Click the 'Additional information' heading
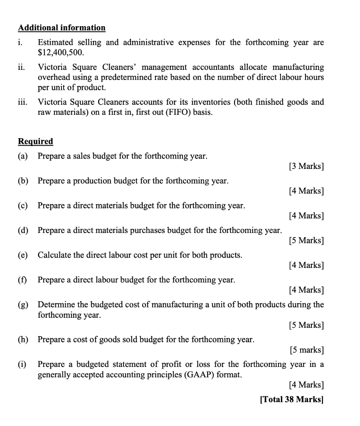tap(62, 28)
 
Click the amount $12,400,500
tap(61, 52)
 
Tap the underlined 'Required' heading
tap(35, 141)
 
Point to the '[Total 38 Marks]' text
tap(291, 399)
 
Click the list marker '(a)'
tap(23, 156)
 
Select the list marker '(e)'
tap(23, 255)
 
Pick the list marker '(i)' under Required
tap(22, 364)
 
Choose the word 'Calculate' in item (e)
tap(54, 255)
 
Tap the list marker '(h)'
tap(23, 339)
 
